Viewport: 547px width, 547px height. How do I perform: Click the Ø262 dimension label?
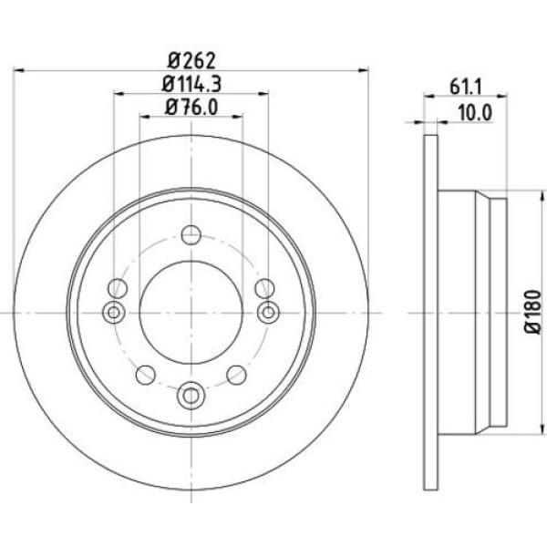tap(191, 61)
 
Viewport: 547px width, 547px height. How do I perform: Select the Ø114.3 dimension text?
tap(191, 84)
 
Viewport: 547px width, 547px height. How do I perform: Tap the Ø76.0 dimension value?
tap(191, 107)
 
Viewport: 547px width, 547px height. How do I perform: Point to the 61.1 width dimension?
tap(465, 87)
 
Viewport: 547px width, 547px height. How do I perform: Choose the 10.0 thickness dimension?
tap(475, 113)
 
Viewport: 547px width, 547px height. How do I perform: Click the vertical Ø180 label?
tap(533, 312)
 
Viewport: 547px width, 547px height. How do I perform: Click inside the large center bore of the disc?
tap(191, 313)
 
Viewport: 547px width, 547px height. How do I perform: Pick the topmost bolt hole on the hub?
tap(191, 235)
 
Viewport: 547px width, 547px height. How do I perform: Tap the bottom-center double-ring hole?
tap(191, 396)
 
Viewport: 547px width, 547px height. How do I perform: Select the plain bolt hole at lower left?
tap(146, 375)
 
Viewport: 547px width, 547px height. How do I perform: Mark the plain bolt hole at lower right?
tap(236, 375)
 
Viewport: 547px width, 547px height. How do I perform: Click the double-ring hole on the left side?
tap(114, 312)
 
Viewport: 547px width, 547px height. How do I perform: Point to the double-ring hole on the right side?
tap(268, 312)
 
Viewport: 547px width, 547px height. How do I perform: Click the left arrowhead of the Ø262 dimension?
tap(18, 71)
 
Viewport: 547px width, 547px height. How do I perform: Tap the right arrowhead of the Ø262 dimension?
tap(363, 71)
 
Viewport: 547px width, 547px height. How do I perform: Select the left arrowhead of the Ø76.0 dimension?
tap(145, 117)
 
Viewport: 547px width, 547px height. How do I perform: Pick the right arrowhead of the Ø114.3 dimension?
tap(263, 94)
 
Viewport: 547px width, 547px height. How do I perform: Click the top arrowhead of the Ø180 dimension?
tap(542, 196)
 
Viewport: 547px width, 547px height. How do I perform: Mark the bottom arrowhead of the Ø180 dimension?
tap(542, 428)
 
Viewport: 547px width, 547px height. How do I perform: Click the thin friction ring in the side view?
tap(430, 312)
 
